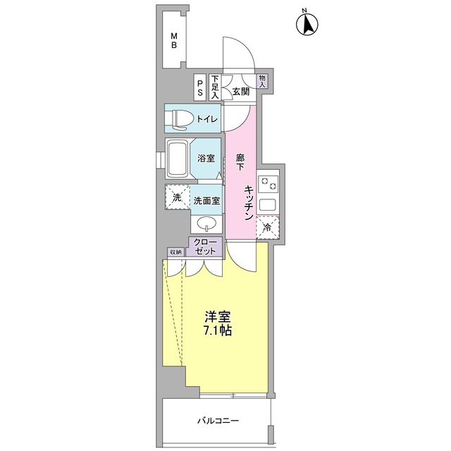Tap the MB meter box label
pos(174,41)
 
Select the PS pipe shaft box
pos(200,87)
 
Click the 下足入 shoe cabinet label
pos(215,87)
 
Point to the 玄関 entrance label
pos(241,92)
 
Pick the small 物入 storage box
pos(262,81)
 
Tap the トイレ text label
pos(207,119)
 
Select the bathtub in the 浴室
pos(177,159)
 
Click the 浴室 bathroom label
pos(206,158)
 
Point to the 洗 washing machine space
pos(178,197)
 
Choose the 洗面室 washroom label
pos(206,200)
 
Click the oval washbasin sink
pos(206,223)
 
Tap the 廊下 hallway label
pos(240,163)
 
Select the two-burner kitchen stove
pos(268,184)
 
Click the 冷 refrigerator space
pos(268,227)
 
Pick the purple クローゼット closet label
pos(204,247)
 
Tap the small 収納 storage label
pos(175,252)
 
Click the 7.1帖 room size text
pos(218,330)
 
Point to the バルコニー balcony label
pos(218,421)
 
